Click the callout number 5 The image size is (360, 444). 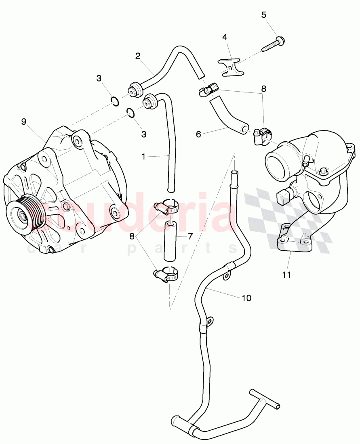(x=264, y=15)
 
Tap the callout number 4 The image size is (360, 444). (x=225, y=37)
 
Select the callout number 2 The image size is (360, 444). (x=138, y=56)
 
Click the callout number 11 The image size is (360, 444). (x=286, y=275)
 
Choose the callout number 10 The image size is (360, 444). (x=246, y=298)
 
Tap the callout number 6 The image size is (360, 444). (x=198, y=134)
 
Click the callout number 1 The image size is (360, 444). (x=144, y=156)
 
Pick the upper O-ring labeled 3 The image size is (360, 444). (x=115, y=101)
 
